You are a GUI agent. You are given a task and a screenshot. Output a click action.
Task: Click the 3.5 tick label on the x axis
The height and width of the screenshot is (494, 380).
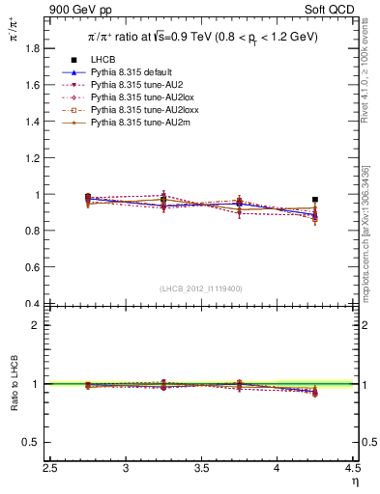click(x=202, y=468)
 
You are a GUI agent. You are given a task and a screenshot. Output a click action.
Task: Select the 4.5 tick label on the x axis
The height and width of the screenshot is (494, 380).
click(x=352, y=468)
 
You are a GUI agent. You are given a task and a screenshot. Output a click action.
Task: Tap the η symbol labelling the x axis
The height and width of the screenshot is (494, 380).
click(x=354, y=481)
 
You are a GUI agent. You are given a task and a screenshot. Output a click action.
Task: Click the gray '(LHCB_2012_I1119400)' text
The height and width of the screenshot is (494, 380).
click(x=201, y=288)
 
